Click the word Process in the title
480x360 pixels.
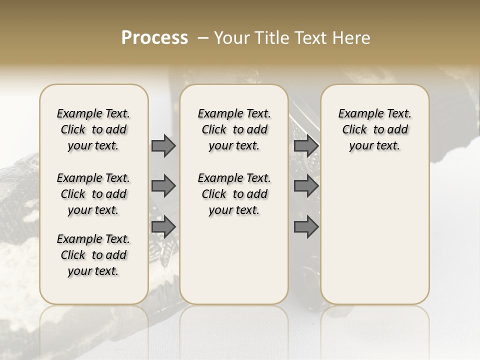coord(154,38)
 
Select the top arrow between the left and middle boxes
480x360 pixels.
coord(163,145)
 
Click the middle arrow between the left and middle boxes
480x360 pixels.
coord(163,186)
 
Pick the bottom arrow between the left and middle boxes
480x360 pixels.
coord(163,226)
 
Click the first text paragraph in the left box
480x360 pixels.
coord(93,129)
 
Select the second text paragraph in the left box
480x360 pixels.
coord(93,194)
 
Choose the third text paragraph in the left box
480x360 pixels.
coord(93,255)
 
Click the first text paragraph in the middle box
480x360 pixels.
coord(234,129)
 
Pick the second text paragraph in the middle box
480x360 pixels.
coord(234,194)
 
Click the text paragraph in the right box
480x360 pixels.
coord(374,129)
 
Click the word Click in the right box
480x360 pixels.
coord(354,130)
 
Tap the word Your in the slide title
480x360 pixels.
coord(230,38)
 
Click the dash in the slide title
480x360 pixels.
coord(203,38)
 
